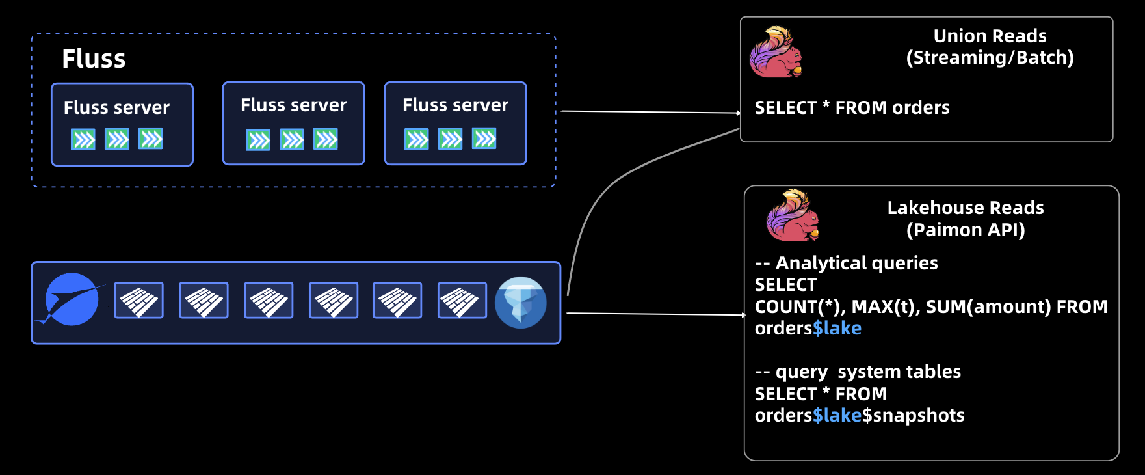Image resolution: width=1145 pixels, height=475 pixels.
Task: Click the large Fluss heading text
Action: pos(94,59)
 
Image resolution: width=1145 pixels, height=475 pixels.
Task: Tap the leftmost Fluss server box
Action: pos(122,124)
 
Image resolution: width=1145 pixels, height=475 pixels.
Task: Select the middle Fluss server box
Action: pos(293,123)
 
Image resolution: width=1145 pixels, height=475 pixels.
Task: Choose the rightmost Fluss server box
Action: pos(455,123)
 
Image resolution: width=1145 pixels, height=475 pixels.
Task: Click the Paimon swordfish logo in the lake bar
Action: pos(72,300)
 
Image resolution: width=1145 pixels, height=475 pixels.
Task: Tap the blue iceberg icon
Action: pos(520,303)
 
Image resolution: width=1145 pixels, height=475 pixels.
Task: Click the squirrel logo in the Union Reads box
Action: pos(775,53)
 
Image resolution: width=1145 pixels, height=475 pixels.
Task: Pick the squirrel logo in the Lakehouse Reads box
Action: pos(792,216)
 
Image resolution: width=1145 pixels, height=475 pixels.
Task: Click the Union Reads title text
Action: pos(990,36)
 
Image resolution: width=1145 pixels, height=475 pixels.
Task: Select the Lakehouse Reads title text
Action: pos(966,208)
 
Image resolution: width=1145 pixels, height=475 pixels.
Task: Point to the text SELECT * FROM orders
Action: pos(852,107)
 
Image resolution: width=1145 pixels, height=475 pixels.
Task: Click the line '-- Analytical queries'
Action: pos(846,263)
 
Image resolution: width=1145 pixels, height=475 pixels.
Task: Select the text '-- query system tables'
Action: pos(858,372)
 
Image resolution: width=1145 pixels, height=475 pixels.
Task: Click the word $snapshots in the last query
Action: pos(914,415)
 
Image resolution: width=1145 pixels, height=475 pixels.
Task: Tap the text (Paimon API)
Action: pos(966,230)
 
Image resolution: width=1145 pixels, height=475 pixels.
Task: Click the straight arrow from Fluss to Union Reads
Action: pos(650,112)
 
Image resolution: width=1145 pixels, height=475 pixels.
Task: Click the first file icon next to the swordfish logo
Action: pos(138,300)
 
